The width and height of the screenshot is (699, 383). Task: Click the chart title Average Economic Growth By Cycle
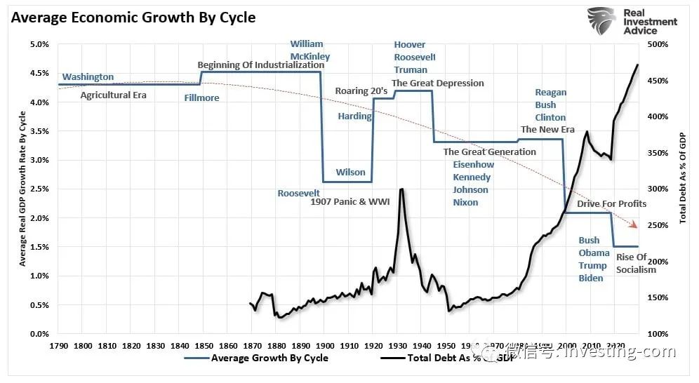point(133,18)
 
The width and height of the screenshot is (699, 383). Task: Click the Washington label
point(88,77)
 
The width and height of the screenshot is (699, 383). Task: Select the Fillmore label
point(201,98)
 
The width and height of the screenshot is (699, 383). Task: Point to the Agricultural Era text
point(113,95)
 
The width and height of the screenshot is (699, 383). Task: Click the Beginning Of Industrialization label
point(261,65)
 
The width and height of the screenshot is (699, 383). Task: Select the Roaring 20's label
point(361,90)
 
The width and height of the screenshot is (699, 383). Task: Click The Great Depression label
point(438,83)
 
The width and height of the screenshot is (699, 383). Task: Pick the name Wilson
point(350,173)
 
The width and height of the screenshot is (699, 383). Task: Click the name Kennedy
point(472,177)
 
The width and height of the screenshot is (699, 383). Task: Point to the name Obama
point(594,253)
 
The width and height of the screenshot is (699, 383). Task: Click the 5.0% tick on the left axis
point(39,44)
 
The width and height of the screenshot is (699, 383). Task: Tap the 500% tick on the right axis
point(657,44)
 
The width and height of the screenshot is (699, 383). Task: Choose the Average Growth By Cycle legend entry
point(269,358)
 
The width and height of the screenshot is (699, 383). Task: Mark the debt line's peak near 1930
point(401,189)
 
